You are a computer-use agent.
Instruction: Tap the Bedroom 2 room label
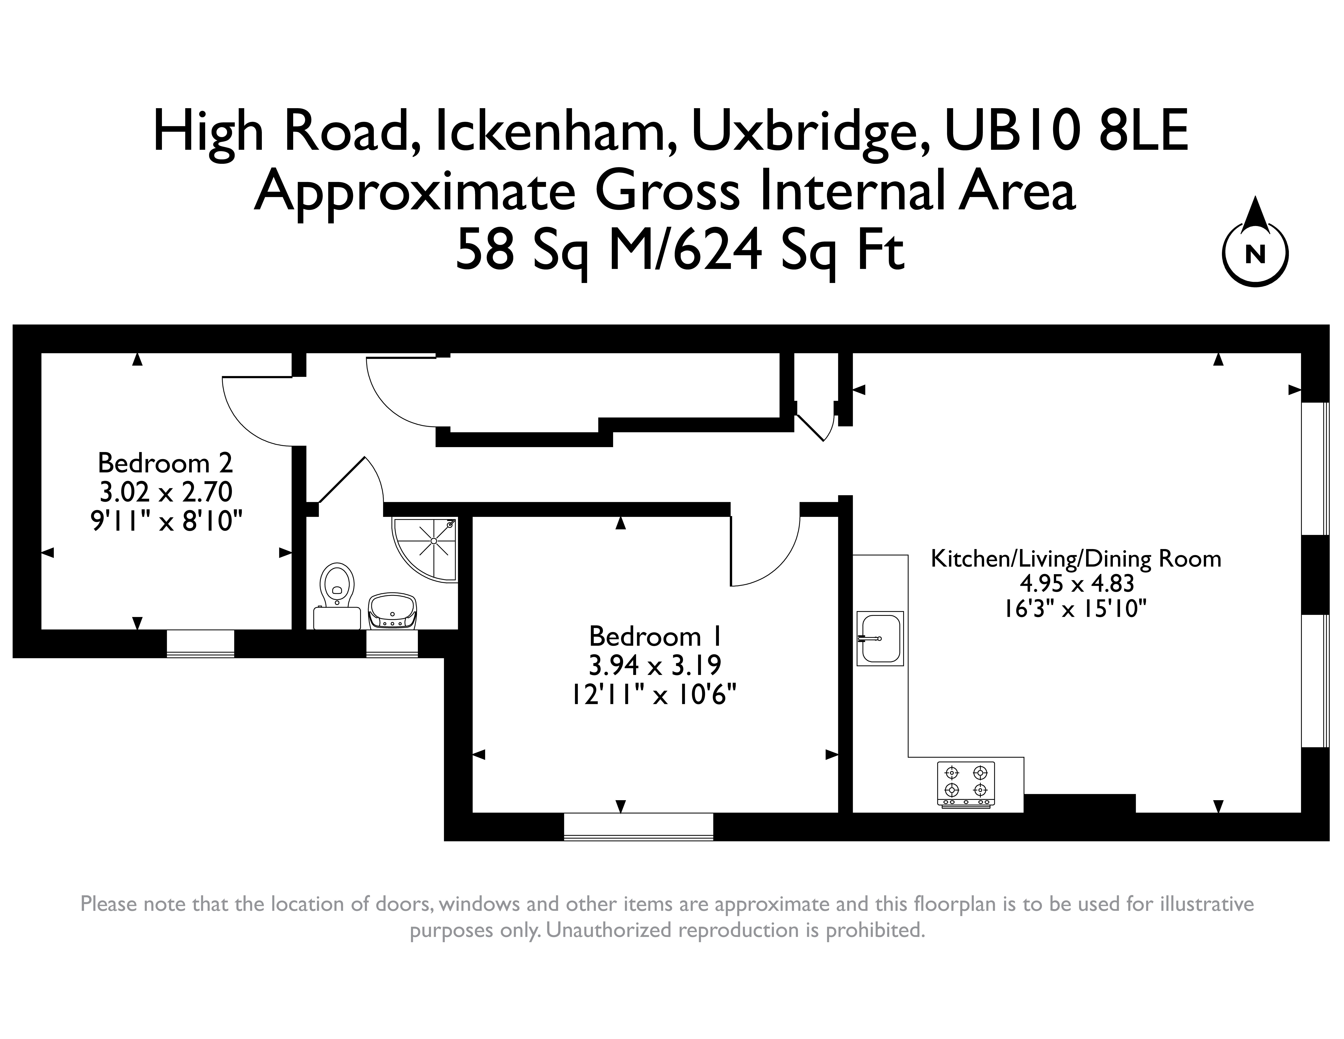[166, 463]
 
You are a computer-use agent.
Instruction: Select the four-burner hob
[966, 784]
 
